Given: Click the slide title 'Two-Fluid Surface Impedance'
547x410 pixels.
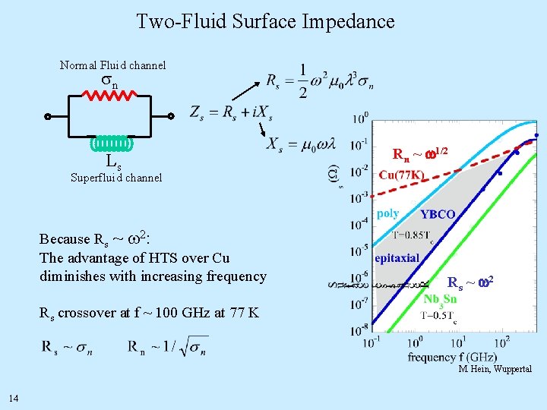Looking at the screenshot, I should pyautogui.click(x=265, y=21).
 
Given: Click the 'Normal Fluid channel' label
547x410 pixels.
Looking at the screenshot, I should pyautogui.click(x=112, y=65).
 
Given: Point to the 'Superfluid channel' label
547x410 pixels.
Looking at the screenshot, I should pyautogui.click(x=115, y=178).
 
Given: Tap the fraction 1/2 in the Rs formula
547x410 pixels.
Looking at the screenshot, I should pyautogui.click(x=303, y=81).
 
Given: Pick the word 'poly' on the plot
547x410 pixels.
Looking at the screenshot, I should pyautogui.click(x=387, y=213).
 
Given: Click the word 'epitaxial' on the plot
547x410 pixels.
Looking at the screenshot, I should pyautogui.click(x=397, y=257).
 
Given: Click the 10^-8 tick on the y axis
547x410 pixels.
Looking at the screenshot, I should pyautogui.click(x=359, y=329).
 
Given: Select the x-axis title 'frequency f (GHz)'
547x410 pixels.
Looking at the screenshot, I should pyautogui.click(x=453, y=357).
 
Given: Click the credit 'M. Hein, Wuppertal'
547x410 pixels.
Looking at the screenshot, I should pyautogui.click(x=495, y=370).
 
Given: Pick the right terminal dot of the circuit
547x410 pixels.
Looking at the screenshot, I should pyautogui.click(x=172, y=117).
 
